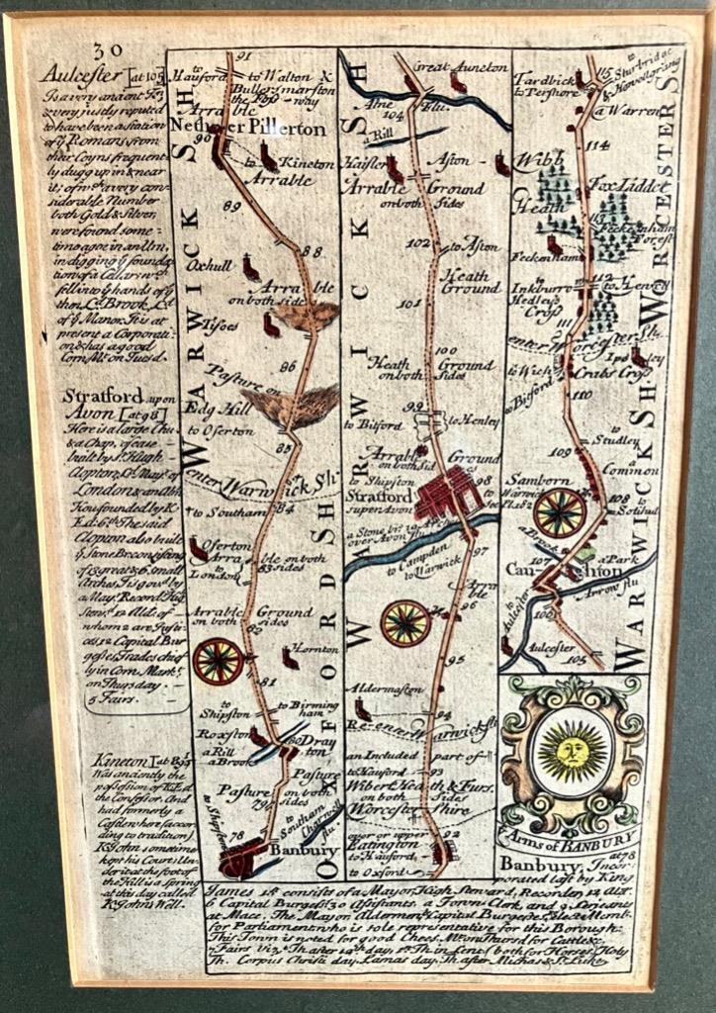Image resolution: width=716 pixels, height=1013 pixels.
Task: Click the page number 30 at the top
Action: (109, 48)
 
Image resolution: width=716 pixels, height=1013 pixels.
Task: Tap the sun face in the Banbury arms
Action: (572, 753)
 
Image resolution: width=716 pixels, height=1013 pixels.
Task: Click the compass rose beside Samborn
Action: (560, 512)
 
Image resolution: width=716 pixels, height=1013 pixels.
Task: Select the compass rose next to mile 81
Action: (219, 661)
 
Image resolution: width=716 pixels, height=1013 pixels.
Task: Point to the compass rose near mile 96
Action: (405, 623)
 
